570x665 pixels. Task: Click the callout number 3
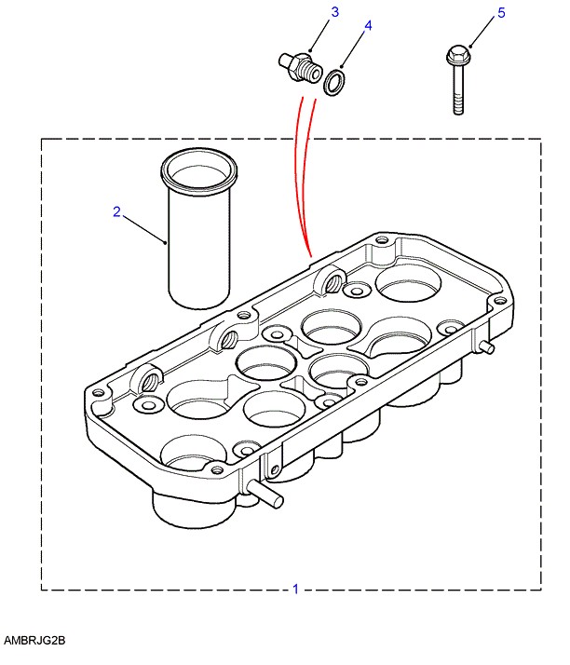click(x=335, y=12)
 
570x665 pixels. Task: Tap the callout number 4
click(x=368, y=26)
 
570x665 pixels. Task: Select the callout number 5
click(x=501, y=13)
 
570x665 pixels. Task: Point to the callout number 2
click(x=117, y=211)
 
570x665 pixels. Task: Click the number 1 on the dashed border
click(x=296, y=589)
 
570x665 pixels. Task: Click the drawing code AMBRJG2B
click(x=34, y=641)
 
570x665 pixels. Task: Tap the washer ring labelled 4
click(x=335, y=82)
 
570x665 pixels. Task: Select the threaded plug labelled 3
click(x=300, y=67)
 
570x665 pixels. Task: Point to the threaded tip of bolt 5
click(x=458, y=104)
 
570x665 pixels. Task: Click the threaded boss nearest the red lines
click(x=331, y=280)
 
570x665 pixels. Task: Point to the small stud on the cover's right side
click(x=485, y=346)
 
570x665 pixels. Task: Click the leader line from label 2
click(x=144, y=229)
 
